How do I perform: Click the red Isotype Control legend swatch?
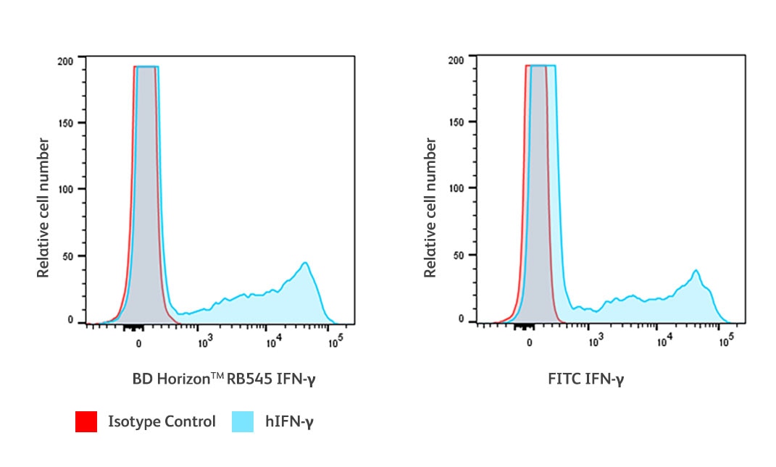85,421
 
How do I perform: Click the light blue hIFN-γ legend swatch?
242,421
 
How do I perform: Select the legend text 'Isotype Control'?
162,421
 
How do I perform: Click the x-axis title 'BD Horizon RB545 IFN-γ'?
224,378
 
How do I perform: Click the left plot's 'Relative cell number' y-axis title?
44,208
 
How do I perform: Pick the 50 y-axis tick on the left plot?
67,256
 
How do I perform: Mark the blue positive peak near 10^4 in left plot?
306,264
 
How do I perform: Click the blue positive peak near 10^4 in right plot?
696,272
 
